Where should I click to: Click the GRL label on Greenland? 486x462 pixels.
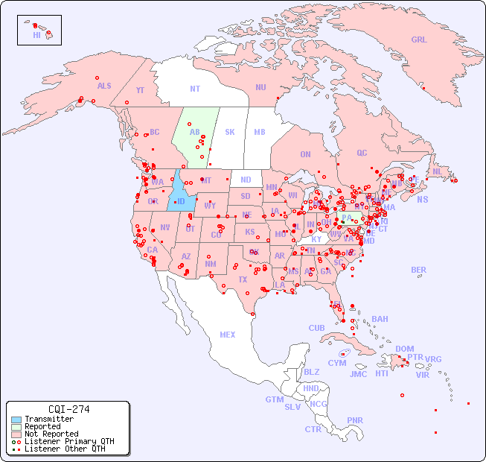click(419, 40)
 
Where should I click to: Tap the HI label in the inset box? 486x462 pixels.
click(36, 35)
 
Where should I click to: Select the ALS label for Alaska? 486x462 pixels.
click(104, 86)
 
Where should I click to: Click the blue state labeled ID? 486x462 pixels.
click(180, 201)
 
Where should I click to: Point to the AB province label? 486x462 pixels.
click(195, 132)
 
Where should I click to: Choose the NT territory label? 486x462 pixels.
click(194, 89)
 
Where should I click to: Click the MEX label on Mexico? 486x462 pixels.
click(228, 335)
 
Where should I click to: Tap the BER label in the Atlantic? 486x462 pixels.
click(418, 270)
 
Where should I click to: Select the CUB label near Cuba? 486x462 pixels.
click(316, 328)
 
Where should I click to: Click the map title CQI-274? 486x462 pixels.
click(68, 409)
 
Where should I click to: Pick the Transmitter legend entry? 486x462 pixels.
click(48, 420)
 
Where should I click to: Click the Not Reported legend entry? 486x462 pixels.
click(51, 434)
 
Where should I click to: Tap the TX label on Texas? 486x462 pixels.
click(243, 280)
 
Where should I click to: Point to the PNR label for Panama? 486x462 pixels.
click(355, 420)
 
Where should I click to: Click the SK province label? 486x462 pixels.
click(229, 132)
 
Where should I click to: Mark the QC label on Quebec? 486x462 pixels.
click(362, 153)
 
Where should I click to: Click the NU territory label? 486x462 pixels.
click(260, 87)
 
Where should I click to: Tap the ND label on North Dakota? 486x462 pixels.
click(246, 180)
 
